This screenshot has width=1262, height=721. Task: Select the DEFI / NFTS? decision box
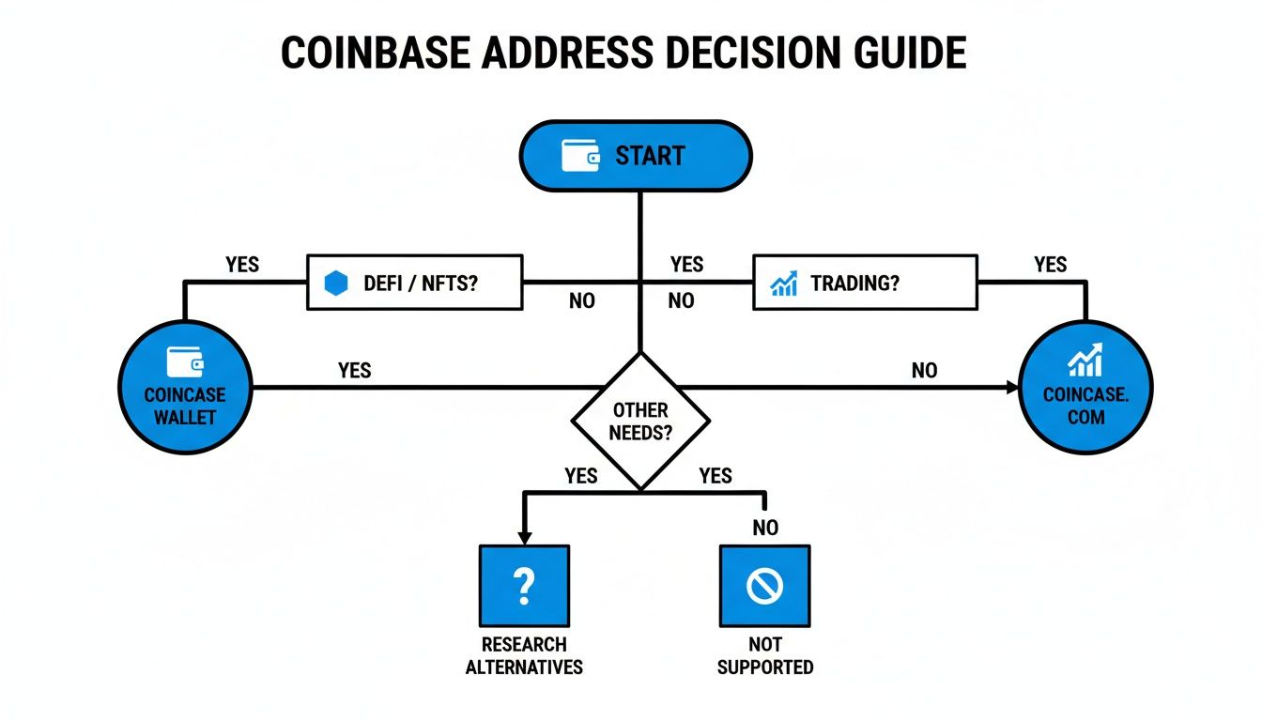(x=414, y=282)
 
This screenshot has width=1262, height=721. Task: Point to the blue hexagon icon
(x=336, y=283)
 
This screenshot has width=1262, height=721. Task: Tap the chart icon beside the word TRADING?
(x=784, y=283)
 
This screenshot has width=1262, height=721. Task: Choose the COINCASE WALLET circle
(x=185, y=387)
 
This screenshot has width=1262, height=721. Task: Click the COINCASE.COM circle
(x=1085, y=387)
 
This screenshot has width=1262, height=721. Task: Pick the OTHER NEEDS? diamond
(x=639, y=421)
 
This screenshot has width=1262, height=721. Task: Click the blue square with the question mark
(x=524, y=586)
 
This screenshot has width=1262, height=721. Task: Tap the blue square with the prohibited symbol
(x=764, y=586)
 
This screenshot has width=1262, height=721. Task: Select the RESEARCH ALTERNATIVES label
(x=524, y=656)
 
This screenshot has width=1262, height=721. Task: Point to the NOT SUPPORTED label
(x=764, y=656)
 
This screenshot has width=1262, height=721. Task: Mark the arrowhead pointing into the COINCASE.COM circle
(x=1011, y=387)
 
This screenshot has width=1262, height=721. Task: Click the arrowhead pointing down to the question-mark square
(x=524, y=537)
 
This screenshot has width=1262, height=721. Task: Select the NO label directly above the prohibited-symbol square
(x=765, y=528)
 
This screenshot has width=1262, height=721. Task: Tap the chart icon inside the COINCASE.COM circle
(x=1085, y=360)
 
